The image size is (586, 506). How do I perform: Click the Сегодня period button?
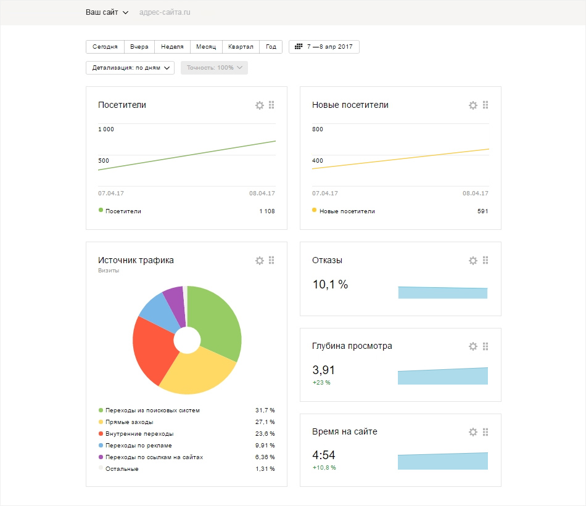[x=105, y=47]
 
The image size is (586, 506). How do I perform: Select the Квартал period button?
[x=240, y=47]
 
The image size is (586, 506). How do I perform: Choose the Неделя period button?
[x=172, y=47]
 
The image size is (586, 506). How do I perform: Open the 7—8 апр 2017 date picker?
[x=324, y=47]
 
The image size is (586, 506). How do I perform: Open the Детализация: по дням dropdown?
[x=130, y=68]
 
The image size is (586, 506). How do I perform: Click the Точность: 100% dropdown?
[x=214, y=68]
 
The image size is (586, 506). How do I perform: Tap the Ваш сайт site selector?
[x=107, y=12]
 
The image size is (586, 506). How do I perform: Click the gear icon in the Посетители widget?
[x=260, y=105]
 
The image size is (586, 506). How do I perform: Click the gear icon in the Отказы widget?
[x=473, y=261]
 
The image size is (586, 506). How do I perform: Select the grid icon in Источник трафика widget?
[x=271, y=261]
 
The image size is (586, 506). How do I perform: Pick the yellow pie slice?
[x=197, y=370]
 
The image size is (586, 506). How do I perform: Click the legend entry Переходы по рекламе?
[x=138, y=446]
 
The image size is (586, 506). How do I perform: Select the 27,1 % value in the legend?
[x=264, y=422]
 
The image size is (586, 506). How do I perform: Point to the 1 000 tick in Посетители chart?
[x=106, y=129]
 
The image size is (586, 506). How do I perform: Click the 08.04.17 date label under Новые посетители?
[x=476, y=194]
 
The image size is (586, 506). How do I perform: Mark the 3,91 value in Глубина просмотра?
[x=324, y=370]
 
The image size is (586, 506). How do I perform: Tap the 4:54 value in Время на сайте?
[x=324, y=456]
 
